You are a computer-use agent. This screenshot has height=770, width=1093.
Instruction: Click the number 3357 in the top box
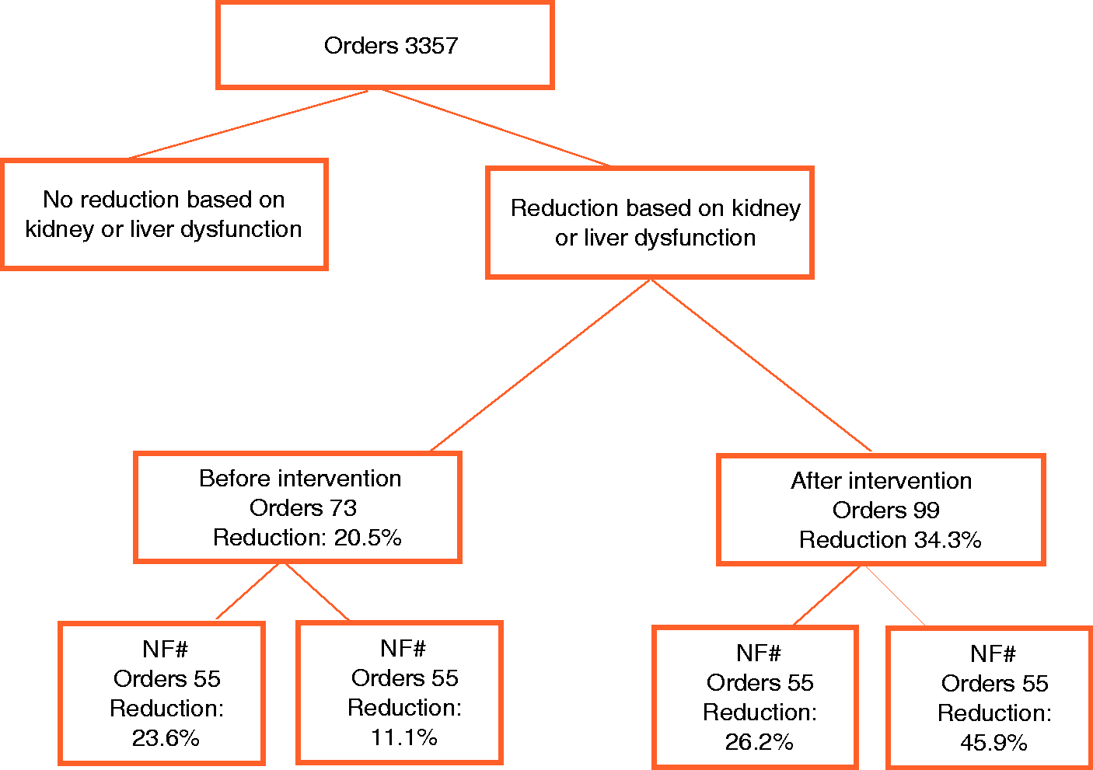tap(431, 46)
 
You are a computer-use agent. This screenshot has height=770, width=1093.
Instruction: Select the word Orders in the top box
tap(361, 46)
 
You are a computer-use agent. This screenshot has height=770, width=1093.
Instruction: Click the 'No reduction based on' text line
tap(164, 200)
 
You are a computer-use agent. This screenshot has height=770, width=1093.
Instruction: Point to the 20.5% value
tap(368, 538)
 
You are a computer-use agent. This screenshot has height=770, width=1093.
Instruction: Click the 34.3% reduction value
tap(948, 540)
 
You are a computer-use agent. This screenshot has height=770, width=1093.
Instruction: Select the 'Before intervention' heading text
tap(300, 479)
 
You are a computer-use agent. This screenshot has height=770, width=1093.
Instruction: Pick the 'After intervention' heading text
tap(882, 481)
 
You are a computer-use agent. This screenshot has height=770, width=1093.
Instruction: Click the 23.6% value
tap(166, 738)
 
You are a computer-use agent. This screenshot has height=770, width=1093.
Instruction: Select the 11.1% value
tap(404, 737)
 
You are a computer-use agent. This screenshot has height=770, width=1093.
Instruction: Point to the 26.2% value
tap(760, 742)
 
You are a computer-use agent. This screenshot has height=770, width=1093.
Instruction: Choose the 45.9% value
tap(994, 743)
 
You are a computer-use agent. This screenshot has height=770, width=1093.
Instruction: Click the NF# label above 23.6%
tap(166, 649)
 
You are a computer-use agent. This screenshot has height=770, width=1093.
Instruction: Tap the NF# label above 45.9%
tap(993, 654)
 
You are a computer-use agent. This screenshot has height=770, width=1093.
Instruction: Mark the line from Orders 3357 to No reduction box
tap(249, 124)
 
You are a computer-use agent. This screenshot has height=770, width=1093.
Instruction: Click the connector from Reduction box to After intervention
tap(761, 365)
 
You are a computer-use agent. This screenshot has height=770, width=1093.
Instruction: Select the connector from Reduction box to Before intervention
tap(540, 365)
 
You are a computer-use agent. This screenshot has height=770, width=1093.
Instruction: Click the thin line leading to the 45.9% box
tap(895, 595)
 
